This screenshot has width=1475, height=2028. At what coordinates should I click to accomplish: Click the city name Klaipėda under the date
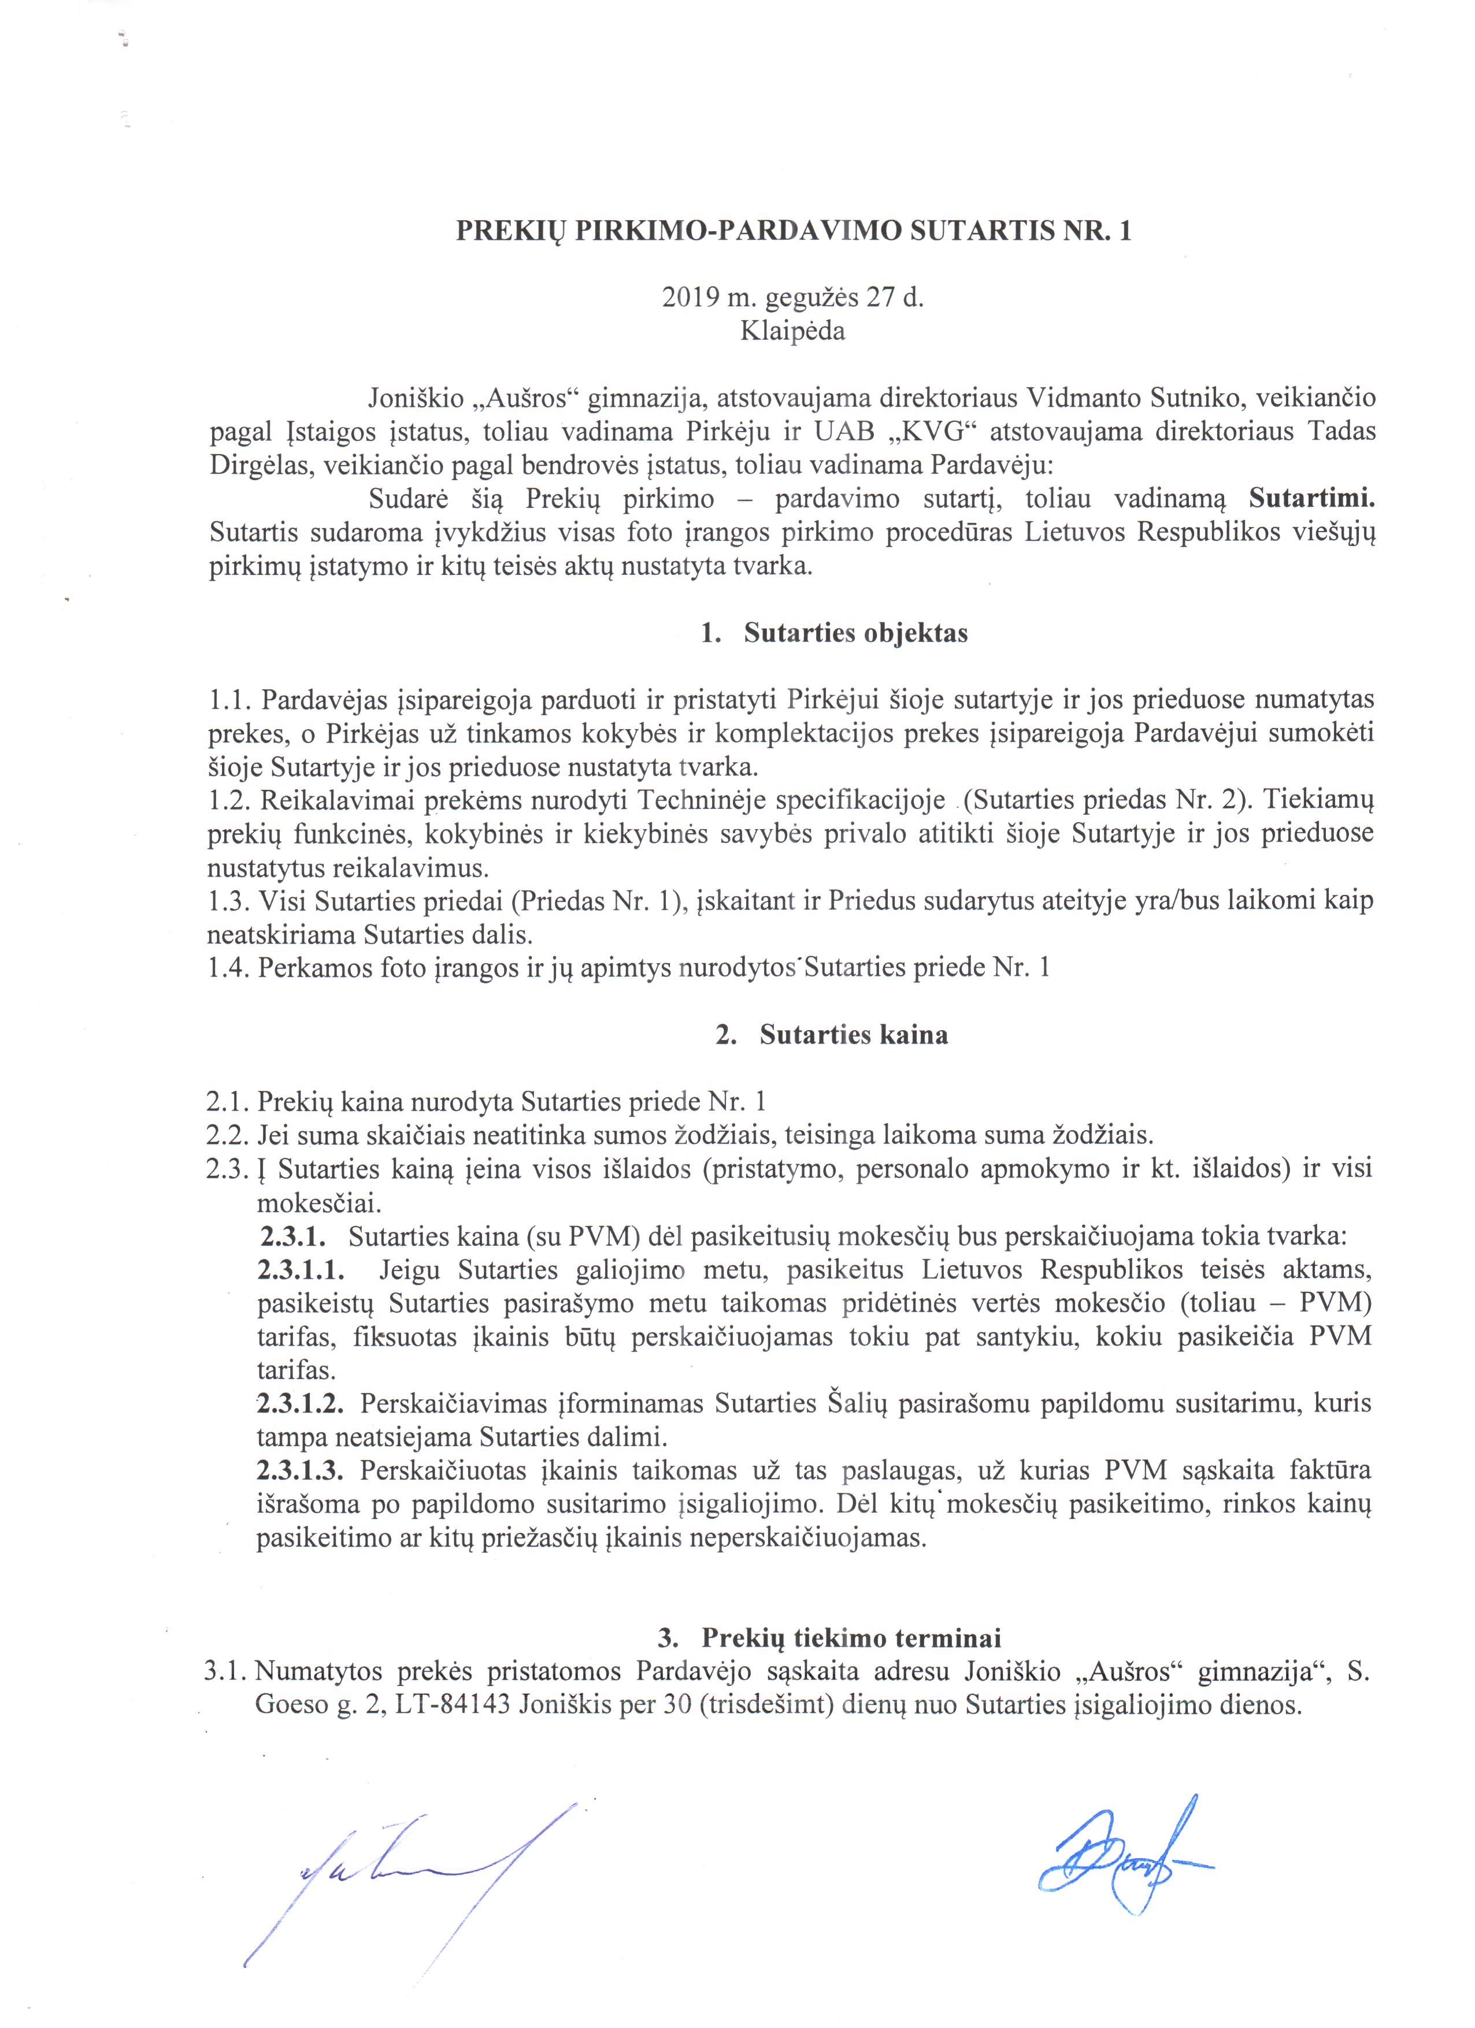(792, 332)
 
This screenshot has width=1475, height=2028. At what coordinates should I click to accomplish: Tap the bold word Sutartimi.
(1311, 498)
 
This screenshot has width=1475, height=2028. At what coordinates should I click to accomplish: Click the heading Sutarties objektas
(855, 633)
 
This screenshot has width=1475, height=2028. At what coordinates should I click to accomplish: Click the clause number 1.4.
(227, 968)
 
